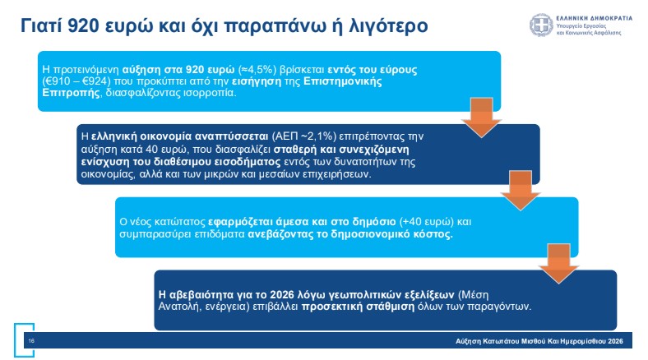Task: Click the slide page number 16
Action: point(31,340)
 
